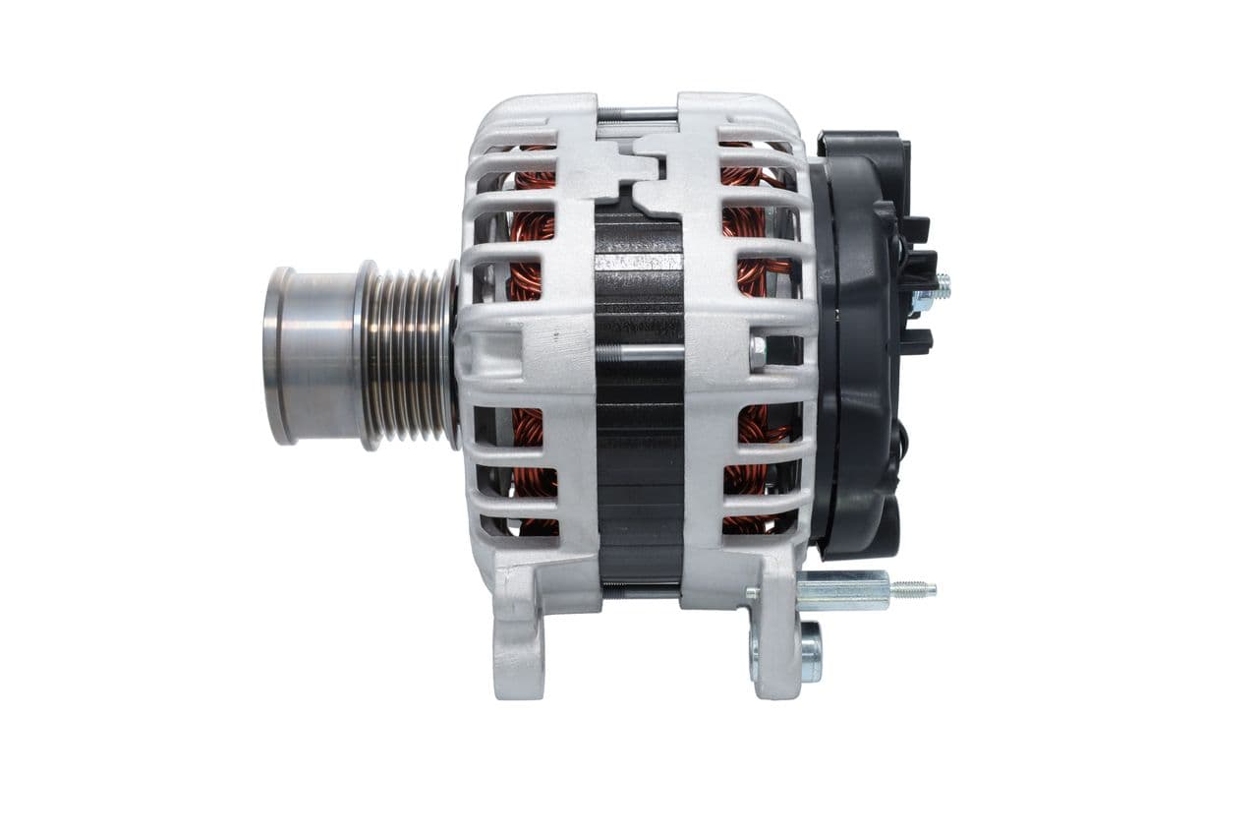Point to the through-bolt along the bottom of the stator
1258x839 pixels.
click(639, 591)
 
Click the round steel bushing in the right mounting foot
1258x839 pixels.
click(811, 650)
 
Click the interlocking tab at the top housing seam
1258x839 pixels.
click(639, 162)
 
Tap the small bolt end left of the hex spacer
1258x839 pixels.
click(752, 593)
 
